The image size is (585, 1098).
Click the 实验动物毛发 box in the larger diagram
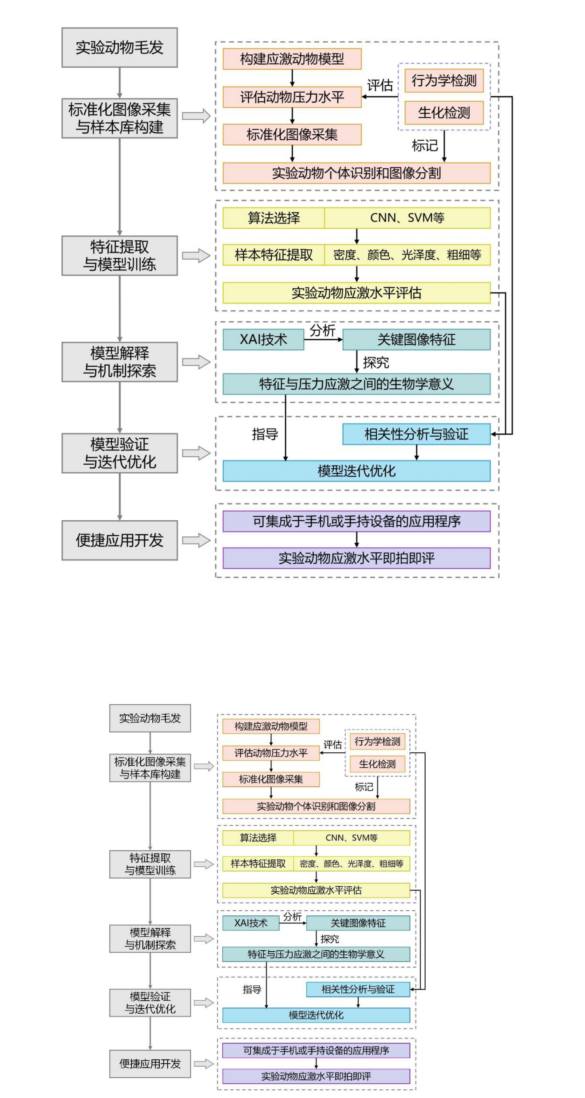pos(119,47)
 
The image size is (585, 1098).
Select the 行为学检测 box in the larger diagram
pos(444,81)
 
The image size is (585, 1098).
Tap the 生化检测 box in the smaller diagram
pos(377,764)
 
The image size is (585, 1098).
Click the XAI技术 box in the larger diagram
pos(263,340)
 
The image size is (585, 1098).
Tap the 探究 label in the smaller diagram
pos(330,939)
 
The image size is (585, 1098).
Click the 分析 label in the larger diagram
pos(322,330)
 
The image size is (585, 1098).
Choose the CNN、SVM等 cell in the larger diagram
pos(407,218)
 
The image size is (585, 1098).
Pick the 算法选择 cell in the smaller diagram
pos(258,838)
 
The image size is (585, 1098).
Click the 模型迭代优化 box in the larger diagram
pos(356,471)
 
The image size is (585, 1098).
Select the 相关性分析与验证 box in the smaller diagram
pos(358,989)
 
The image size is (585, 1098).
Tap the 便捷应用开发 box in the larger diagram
pos(119,540)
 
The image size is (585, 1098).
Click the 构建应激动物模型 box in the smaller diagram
pos(271,726)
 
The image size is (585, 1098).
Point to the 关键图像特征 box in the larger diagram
pos(416,340)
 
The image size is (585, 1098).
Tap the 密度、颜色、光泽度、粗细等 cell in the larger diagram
pos(407,255)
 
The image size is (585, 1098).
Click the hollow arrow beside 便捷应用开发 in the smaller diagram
pos(204,1064)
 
